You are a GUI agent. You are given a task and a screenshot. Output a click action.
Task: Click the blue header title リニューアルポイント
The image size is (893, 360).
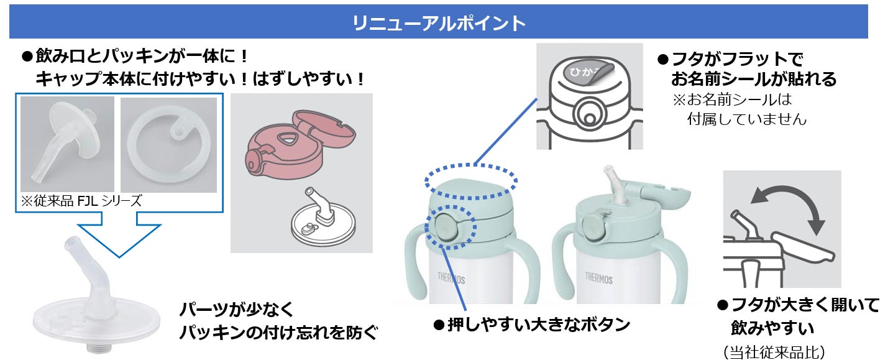(x=439, y=24)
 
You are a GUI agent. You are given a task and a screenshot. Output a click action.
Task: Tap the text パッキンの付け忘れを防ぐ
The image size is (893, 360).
(x=278, y=333)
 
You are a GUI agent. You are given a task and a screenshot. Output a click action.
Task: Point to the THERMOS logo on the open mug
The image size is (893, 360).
(x=598, y=279)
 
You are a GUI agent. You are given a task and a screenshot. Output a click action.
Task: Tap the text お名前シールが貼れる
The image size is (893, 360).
(x=753, y=80)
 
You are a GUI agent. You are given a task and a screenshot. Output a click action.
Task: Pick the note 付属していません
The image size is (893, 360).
(x=746, y=119)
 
